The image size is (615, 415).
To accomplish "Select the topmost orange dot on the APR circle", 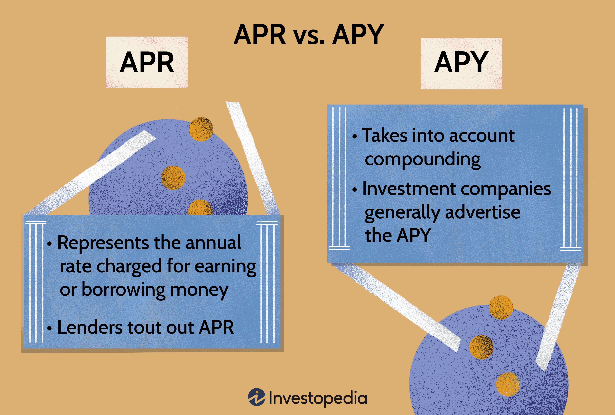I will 201,129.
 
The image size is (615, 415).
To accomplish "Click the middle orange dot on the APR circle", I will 173,178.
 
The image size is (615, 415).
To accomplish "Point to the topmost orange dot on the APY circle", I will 501,307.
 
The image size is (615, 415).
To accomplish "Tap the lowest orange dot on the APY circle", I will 508,384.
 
